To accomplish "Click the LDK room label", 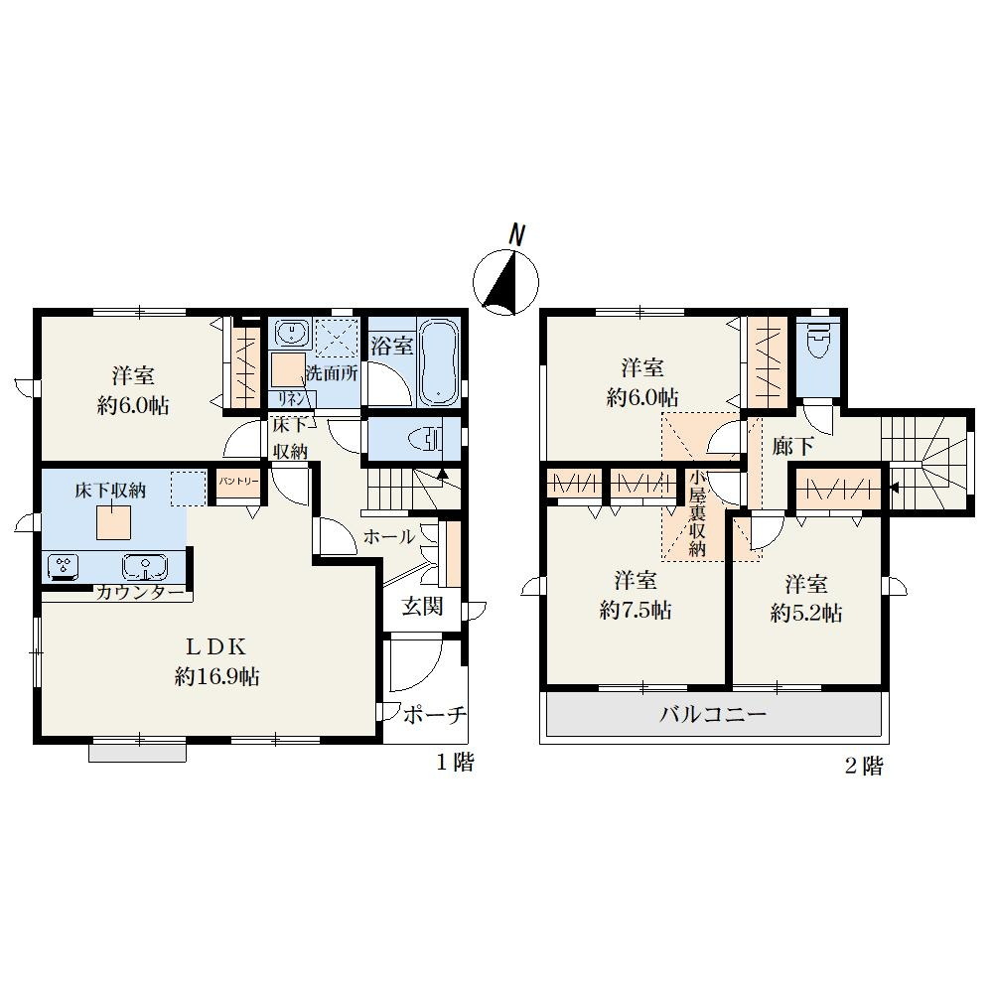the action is tap(215, 647).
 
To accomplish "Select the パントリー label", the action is tap(238, 482).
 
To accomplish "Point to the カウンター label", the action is tap(141, 593).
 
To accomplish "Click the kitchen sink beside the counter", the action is tap(146, 566).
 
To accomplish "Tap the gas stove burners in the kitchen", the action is tap(64, 566).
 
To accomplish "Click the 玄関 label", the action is tap(422, 607).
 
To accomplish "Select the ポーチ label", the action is tap(435, 715).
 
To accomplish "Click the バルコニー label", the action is tap(713, 714).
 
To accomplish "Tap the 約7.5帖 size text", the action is tap(636, 610).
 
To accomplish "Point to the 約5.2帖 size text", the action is tap(806, 613).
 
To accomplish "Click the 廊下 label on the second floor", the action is tap(792, 447).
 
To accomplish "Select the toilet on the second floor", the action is tap(820, 343).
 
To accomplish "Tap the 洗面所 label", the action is tap(332, 372).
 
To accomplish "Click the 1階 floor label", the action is tap(455, 762).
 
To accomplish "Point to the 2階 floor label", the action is tap(864, 767).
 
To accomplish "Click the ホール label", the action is tap(389, 537).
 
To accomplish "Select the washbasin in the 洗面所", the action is tap(292, 333).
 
